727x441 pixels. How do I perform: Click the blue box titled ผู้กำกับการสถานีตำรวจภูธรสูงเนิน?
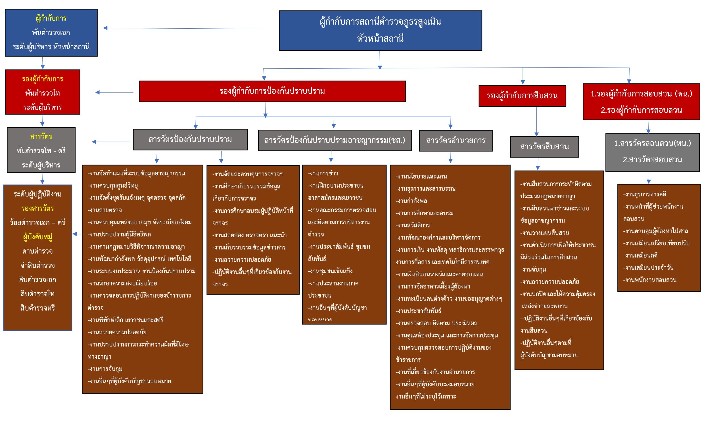pos(380,30)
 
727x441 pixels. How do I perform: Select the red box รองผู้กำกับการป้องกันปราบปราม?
pos(272,91)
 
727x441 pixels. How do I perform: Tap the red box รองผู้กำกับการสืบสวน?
pos(522,96)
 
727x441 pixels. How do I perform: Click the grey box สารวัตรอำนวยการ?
pos(456,140)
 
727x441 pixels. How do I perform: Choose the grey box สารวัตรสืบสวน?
pos(544,147)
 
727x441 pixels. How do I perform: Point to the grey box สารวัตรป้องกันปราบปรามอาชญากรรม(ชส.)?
pos(334,140)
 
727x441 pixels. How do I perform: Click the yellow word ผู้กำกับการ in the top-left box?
pos(51,18)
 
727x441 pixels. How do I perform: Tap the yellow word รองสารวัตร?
pos(37,208)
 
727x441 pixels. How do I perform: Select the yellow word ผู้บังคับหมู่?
pos(37,237)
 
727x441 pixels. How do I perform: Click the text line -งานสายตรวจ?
pos(105,210)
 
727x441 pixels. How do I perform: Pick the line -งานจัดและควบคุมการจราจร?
pos(247,174)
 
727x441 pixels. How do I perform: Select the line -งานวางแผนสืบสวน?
pos(544,233)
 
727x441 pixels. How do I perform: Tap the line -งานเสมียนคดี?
pos(640,256)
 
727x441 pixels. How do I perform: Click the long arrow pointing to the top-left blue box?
pos(181,29)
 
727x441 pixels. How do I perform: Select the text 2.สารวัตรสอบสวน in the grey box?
pos(652,160)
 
